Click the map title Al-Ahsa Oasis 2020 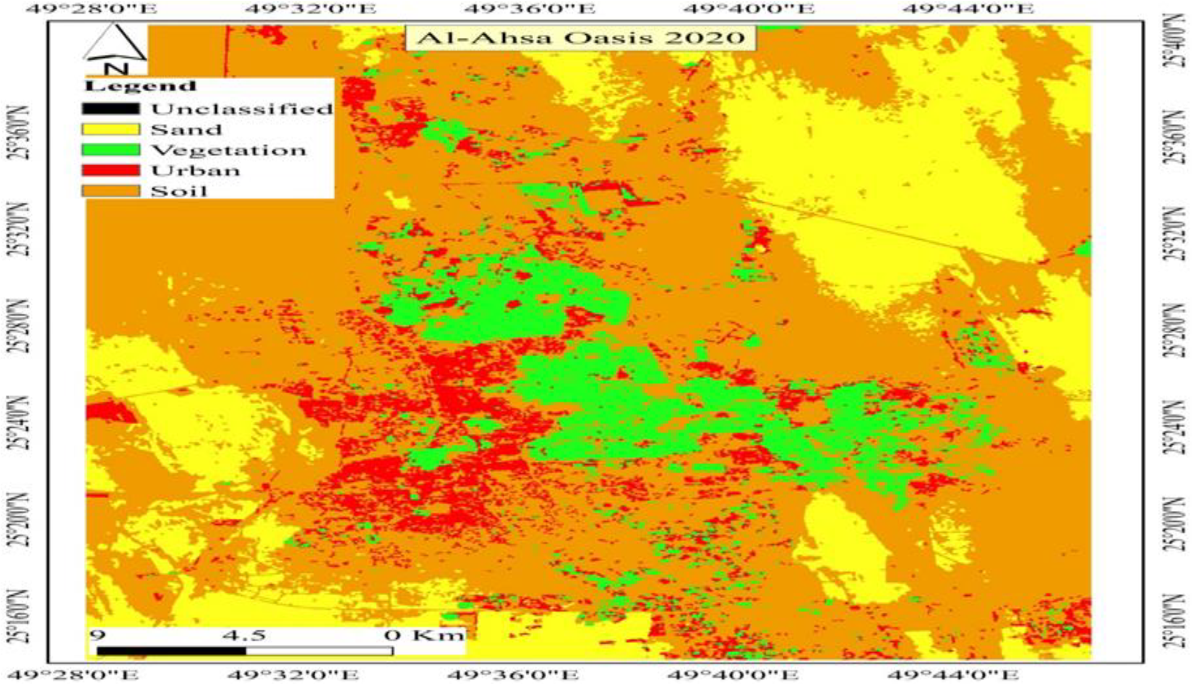pos(581,37)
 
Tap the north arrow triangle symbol pos(115,43)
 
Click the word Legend pos(140,86)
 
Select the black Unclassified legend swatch pos(111,109)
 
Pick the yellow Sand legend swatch pos(111,129)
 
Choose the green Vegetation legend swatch pos(111,150)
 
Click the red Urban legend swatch pos(111,170)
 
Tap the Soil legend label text pos(179,191)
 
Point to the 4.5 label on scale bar pos(244,635)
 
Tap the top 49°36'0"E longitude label pos(530,8)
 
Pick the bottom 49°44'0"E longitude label pos(952,676)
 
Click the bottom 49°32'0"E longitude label pos(293,676)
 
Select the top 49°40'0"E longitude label pos(749,8)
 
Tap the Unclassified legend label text pos(242,109)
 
